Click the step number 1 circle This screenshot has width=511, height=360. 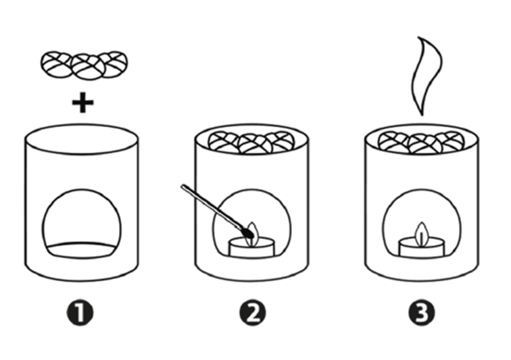(80, 313)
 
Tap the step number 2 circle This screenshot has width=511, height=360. (253, 313)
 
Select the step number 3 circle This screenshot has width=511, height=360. (422, 313)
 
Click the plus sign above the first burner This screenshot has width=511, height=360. (82, 103)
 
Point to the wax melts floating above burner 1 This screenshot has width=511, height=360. (84, 65)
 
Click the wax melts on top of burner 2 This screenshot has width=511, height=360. (251, 143)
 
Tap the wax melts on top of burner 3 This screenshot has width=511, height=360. (421, 143)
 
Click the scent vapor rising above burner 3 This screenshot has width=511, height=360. (425, 75)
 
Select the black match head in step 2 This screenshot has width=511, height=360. (248, 232)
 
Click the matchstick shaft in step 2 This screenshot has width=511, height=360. (212, 207)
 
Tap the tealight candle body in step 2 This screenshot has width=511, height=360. (253, 248)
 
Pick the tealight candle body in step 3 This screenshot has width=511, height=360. (422, 248)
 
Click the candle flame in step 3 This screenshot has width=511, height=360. (422, 233)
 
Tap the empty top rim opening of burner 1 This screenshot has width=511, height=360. (82, 138)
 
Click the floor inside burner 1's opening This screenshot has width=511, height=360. (82, 250)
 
